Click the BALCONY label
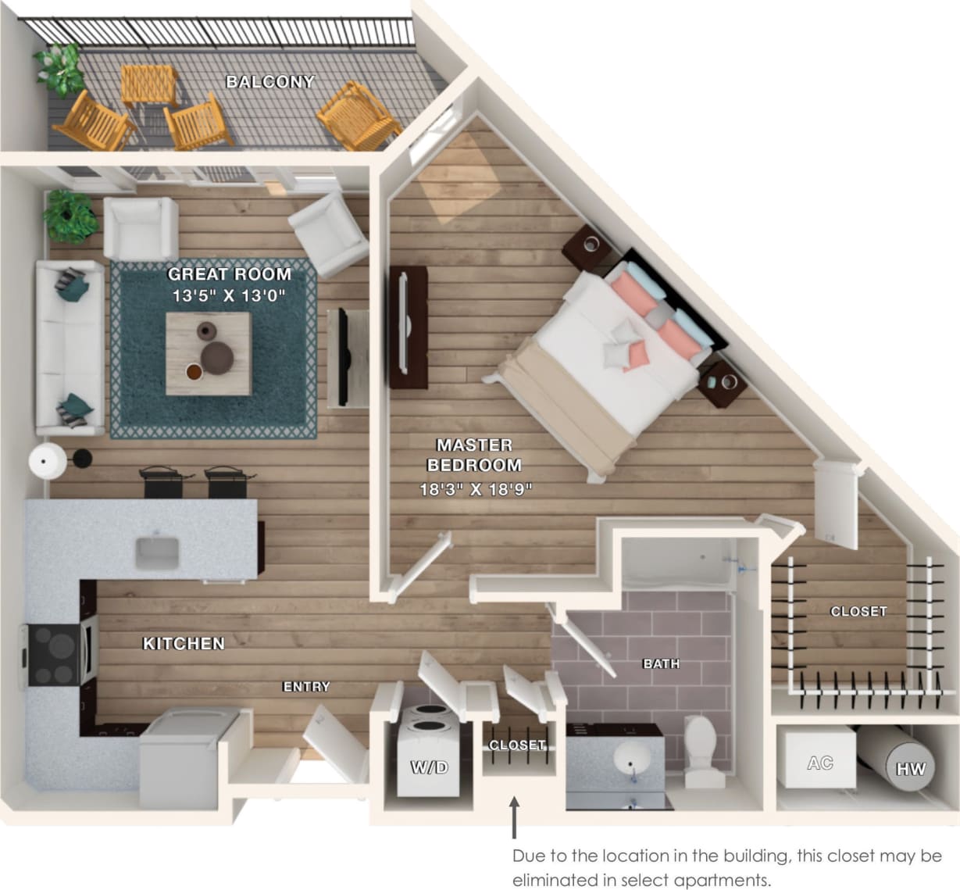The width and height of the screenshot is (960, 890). [270, 81]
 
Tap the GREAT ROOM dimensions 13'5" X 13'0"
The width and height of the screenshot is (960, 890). [230, 295]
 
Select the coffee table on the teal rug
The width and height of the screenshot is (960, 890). [209, 352]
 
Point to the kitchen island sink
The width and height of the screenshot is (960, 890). [157, 552]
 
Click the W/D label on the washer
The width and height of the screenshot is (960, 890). [429, 767]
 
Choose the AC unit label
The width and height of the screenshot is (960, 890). [819, 763]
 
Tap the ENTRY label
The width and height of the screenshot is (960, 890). [306, 686]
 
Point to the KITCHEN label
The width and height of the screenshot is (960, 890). [184, 643]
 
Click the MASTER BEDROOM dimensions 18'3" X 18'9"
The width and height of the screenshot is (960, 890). [475, 490]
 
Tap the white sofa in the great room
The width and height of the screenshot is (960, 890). [69, 348]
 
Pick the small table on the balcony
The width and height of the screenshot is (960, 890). [148, 84]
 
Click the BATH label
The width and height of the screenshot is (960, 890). [661, 663]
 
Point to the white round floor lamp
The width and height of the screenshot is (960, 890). [48, 460]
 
